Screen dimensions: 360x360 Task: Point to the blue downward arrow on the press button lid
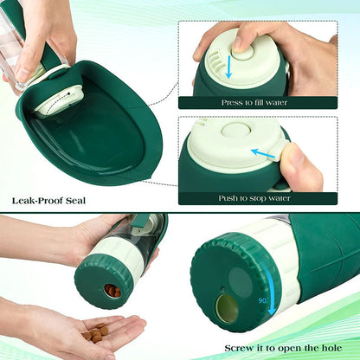[x=229, y=65]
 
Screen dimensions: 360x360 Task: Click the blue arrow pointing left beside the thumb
[x=264, y=153]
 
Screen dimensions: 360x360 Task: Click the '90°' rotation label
[x=262, y=300]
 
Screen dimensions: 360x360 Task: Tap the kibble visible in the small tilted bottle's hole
[x=112, y=291]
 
